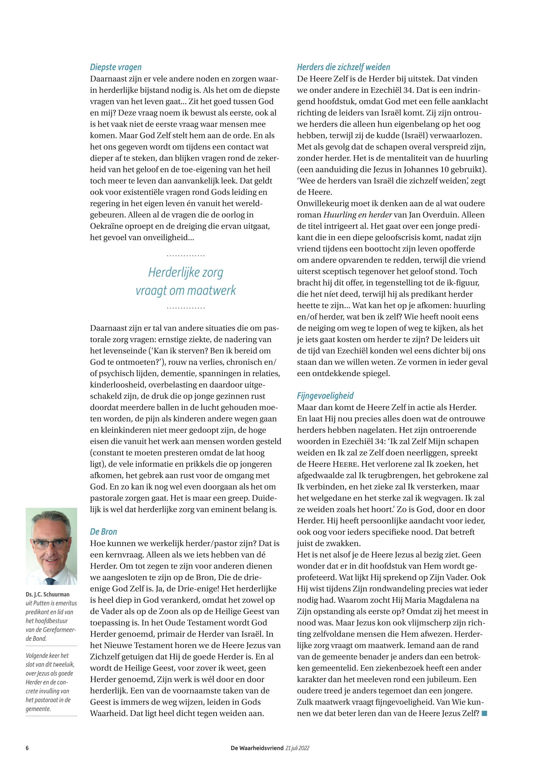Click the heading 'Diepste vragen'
tap(116, 67)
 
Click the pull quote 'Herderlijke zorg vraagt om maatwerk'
tap(186, 281)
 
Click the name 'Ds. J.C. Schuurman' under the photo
tap(47, 594)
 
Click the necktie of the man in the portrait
tap(50, 581)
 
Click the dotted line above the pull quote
tap(186, 256)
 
